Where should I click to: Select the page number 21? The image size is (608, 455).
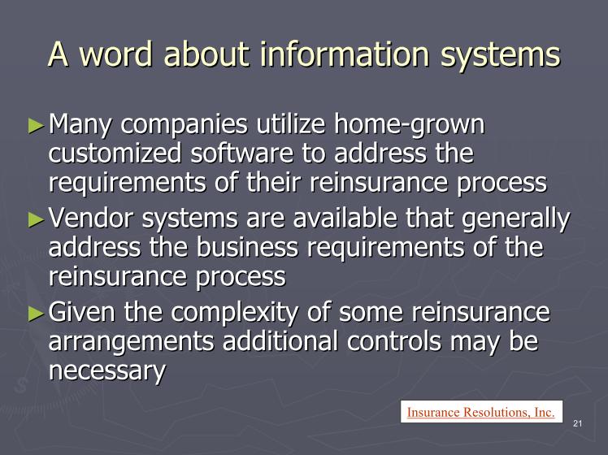(x=577, y=423)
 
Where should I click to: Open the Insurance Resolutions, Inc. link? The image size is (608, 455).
(x=481, y=412)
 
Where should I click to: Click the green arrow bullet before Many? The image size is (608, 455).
(x=36, y=126)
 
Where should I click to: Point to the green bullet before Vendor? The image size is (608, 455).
(x=36, y=219)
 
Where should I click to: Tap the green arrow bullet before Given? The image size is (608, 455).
(x=36, y=314)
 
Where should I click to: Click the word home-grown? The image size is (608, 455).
(x=409, y=125)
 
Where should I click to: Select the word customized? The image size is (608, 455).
(x=115, y=153)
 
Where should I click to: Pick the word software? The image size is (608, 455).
(x=242, y=153)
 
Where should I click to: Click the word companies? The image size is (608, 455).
(x=184, y=126)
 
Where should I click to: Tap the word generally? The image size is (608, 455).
(x=516, y=219)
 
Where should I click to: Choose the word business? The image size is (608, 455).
(x=247, y=247)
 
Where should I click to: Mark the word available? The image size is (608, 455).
(x=345, y=218)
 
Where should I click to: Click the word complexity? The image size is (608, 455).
(x=235, y=313)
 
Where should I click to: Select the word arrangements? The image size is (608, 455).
(x=131, y=342)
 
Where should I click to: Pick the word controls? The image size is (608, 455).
(x=394, y=341)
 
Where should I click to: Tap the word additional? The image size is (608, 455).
(x=280, y=341)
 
